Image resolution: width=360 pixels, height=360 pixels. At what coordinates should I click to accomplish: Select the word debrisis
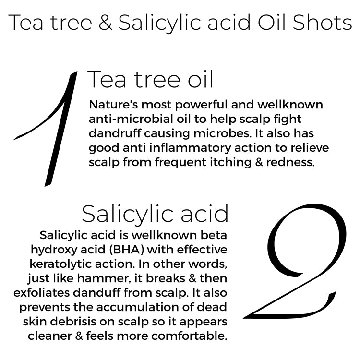84,322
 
